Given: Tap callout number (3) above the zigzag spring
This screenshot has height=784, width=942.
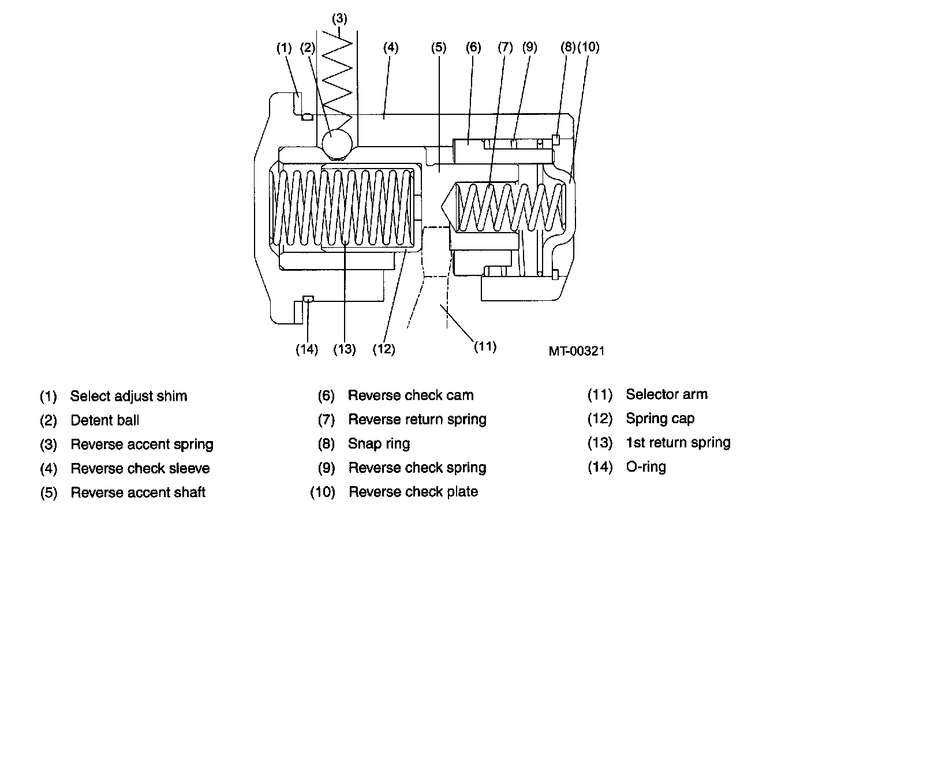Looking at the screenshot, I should [339, 18].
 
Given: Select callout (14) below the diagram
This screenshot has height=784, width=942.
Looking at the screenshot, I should [307, 349].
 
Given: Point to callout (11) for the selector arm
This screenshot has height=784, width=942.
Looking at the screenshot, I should [485, 346].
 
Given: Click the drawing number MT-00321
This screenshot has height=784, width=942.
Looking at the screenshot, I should [577, 350].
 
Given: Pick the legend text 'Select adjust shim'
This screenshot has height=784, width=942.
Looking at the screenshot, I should [128, 396].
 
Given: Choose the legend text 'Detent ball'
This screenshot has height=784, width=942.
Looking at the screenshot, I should [104, 420].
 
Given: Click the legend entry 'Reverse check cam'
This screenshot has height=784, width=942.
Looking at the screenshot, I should [410, 395].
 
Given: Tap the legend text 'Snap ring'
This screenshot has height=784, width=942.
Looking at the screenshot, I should [379, 444].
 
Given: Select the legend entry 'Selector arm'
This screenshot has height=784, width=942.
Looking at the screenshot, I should [666, 394].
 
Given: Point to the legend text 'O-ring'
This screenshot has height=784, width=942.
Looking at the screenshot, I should [645, 466].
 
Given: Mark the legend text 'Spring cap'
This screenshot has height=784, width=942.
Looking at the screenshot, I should [660, 419].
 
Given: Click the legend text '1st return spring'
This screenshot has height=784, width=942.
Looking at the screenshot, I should [678, 443].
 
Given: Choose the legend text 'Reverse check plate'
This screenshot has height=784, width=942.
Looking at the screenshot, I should [413, 492].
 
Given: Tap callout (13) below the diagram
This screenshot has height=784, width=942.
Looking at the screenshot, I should [345, 349].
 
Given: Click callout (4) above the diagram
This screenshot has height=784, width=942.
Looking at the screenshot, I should [391, 47].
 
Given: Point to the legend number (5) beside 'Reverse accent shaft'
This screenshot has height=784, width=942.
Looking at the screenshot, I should [49, 492].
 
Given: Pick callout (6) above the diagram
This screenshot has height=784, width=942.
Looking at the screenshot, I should [473, 47].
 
